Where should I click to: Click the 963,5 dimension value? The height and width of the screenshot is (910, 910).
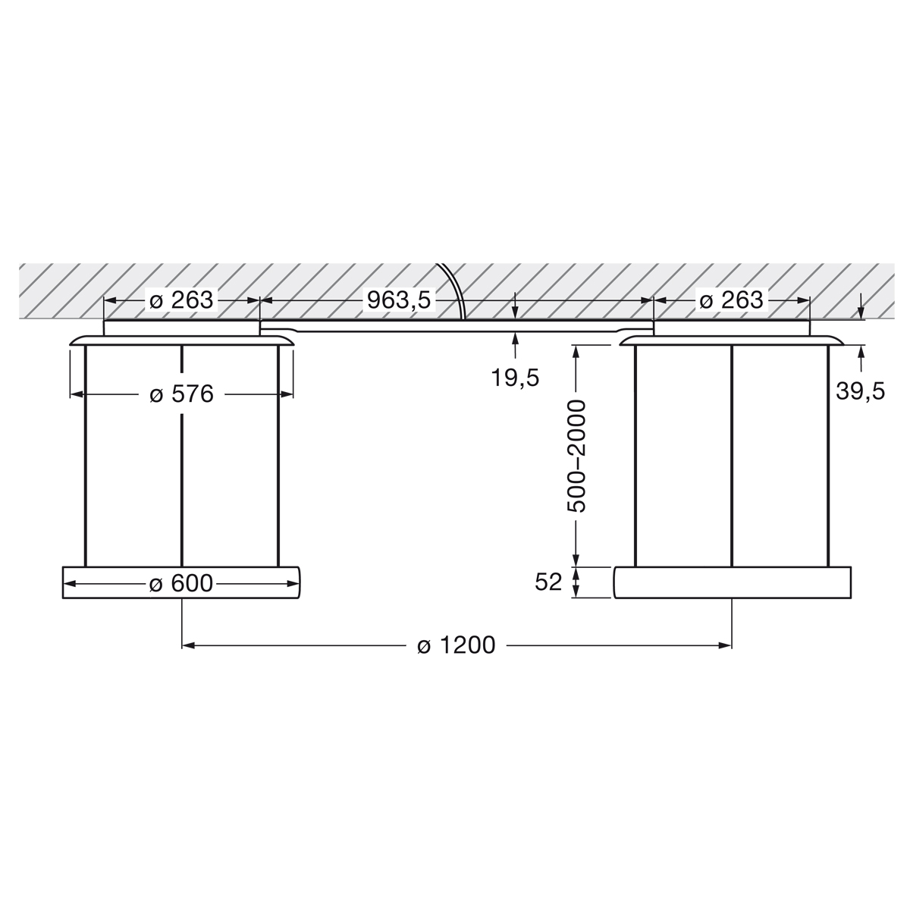[399, 300]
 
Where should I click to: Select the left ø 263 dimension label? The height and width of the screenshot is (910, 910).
[182, 300]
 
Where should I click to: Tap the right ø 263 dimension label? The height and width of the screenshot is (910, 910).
[731, 300]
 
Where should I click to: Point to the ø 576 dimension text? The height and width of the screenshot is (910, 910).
[182, 394]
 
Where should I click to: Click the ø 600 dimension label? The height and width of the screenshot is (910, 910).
[182, 583]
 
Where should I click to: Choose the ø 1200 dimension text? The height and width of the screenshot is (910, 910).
[457, 645]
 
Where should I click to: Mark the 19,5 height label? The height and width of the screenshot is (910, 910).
[515, 377]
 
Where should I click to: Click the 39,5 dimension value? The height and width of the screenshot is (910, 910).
[861, 391]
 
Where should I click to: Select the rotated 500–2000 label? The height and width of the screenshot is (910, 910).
[577, 457]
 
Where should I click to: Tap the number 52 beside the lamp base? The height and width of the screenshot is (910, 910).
[548, 582]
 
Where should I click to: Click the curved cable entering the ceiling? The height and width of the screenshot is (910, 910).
[453, 288]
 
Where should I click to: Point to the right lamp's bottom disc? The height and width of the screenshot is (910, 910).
[731, 582]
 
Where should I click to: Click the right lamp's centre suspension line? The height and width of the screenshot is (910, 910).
[732, 455]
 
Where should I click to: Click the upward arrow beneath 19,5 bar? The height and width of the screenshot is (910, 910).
[515, 338]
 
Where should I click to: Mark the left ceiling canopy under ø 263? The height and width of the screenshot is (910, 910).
[182, 328]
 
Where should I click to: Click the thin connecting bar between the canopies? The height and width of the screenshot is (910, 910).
[455, 325]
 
